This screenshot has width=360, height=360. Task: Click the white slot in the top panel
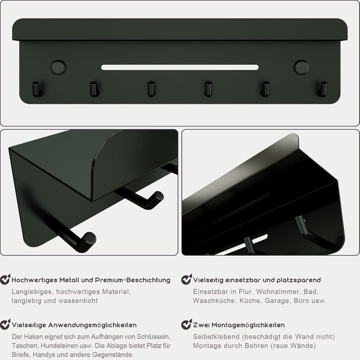coord(180,67)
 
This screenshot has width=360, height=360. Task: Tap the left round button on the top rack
coord(58,67)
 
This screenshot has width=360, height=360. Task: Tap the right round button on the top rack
coord(301,67)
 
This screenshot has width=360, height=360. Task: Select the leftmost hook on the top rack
coord(36,89)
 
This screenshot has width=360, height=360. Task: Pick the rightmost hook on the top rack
coord(323,89)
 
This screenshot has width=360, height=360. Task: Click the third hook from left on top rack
coord(151,89)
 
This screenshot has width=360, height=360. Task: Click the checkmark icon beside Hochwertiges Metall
coord(5,279)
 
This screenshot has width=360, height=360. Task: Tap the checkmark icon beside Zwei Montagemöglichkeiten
coord(186,324)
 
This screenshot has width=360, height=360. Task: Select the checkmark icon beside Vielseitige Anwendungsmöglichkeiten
coord(5,324)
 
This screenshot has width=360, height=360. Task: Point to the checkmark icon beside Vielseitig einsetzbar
coord(186,279)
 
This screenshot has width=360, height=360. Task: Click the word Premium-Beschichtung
coord(133,280)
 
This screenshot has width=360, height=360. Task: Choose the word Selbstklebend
coord(216,337)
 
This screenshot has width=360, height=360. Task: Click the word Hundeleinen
coord(57,346)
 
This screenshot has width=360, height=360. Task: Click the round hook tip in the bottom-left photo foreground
coord(90,238)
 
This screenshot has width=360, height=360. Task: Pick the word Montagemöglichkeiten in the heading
coord(248,325)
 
